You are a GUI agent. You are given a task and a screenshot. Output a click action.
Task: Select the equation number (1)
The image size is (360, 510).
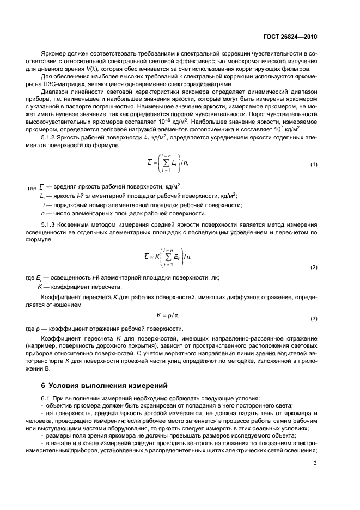(314, 164)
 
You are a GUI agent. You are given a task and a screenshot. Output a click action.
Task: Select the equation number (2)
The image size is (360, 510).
(314, 268)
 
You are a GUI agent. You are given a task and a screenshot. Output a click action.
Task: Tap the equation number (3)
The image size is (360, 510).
(314, 318)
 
